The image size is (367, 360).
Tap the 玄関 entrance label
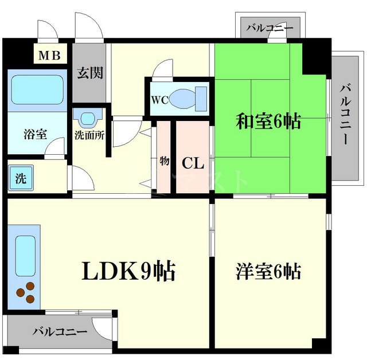[91, 73]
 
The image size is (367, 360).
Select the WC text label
[159, 99]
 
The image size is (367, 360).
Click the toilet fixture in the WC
[189, 98]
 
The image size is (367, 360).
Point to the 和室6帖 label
[268, 122]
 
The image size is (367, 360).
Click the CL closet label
[193, 163]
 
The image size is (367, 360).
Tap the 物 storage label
[164, 161]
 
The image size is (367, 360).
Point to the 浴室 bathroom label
[36, 135]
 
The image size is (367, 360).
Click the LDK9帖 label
[130, 271]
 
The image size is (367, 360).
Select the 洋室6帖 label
[268, 271]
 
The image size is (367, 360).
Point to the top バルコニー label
[270, 27]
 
